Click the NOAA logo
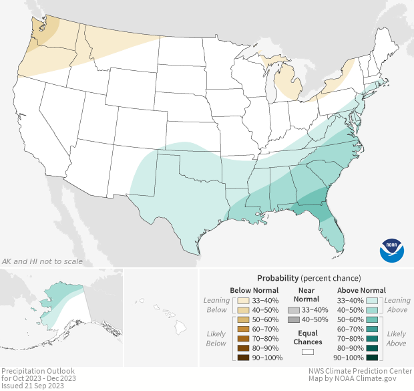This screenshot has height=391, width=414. [392, 249]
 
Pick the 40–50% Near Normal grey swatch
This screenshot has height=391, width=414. [294, 321]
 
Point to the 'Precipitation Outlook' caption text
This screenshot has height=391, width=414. [37, 371]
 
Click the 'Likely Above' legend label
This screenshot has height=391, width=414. [396, 339]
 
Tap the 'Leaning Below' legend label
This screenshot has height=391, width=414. [217, 305]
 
